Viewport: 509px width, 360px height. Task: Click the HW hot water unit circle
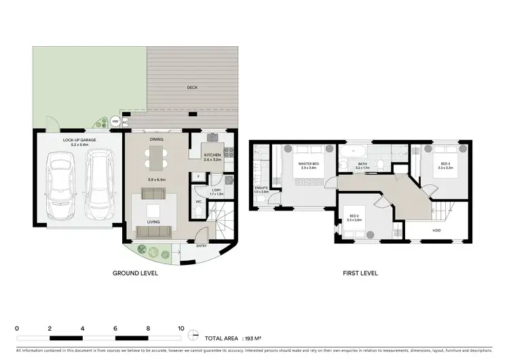115,122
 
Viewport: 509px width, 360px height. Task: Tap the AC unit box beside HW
125,122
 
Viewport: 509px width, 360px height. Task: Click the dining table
155,158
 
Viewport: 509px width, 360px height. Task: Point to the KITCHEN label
212,156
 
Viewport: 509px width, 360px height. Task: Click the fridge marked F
197,176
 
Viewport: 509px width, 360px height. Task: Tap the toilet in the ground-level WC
197,211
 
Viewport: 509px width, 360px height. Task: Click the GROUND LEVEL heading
135,274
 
